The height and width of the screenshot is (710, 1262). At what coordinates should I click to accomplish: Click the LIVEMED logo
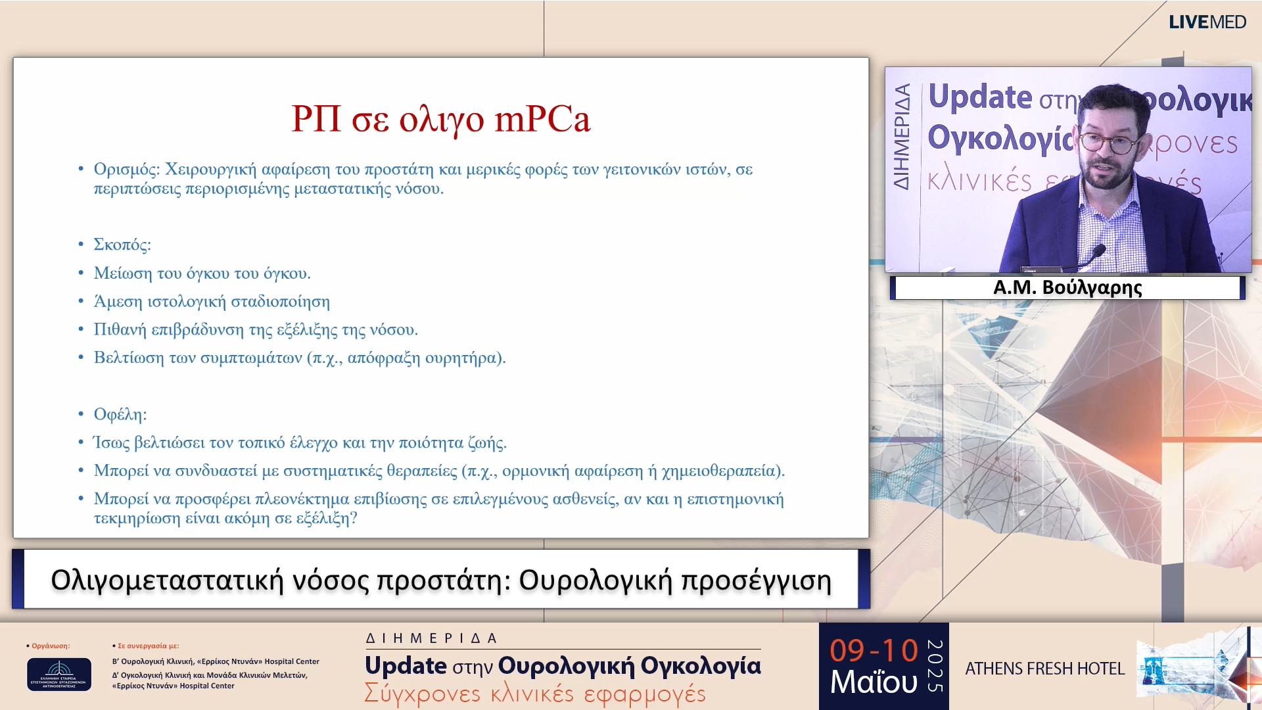pos(1207,22)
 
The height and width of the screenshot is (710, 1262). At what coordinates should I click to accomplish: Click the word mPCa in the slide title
pos(542,120)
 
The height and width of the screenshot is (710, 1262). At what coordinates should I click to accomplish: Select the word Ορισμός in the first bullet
pos(126,170)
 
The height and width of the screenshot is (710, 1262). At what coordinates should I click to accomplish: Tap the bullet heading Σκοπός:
pos(122,245)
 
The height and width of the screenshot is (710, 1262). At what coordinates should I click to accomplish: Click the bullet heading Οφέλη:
pos(120,414)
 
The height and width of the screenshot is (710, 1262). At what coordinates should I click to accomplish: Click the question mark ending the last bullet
pos(354,519)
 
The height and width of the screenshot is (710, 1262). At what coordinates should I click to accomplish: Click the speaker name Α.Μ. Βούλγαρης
pos(1067,288)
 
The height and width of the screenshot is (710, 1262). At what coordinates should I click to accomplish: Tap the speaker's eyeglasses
pos(1108,143)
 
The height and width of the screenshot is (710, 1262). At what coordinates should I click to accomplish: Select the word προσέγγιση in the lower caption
pos(756,581)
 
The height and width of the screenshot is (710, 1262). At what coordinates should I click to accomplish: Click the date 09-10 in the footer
pos(874,651)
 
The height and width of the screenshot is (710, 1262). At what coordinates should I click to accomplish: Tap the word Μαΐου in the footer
pos(874,682)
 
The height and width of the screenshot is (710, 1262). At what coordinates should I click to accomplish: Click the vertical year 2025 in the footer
pos(935,666)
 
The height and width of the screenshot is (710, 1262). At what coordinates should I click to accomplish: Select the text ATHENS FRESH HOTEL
pos(1044,669)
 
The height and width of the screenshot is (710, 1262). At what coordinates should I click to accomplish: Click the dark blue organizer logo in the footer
pos(59,674)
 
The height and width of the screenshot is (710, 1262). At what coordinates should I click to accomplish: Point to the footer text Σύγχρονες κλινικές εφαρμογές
pos(535,694)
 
